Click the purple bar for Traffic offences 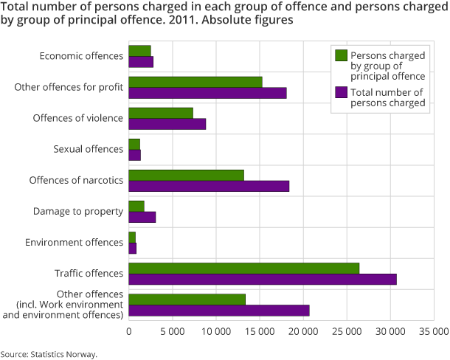[263, 279]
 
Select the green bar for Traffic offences [244, 268]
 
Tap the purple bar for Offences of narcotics [209, 186]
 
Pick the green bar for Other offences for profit [195, 82]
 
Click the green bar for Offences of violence [161, 113]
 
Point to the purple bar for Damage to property [142, 217]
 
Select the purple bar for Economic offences [141, 62]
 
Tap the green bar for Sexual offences [134, 144]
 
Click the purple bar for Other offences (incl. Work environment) [219, 310]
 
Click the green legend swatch [341, 55]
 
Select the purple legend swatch [341, 92]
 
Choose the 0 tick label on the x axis [129, 332]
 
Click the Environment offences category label [74, 243]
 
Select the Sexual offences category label [88, 149]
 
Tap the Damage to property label [77, 212]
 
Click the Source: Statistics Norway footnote [49, 354]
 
